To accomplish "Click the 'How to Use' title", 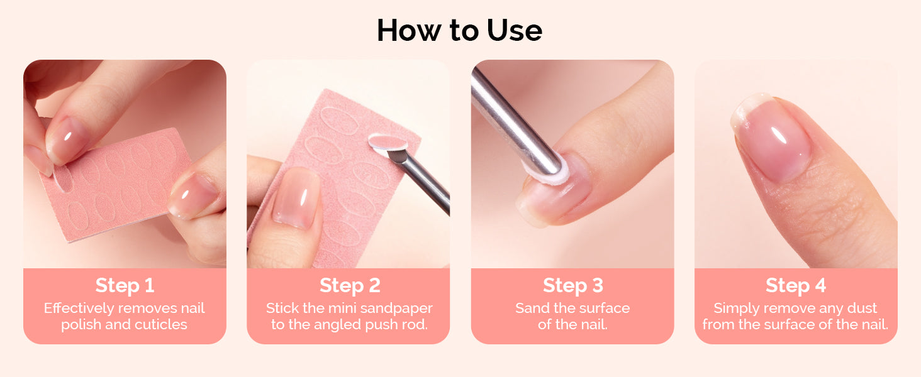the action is [460, 30].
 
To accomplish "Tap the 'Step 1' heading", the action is [125, 285].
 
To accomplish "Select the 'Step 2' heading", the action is [350, 285].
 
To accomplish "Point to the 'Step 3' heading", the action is [572, 285].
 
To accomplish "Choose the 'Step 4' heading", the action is [796, 285].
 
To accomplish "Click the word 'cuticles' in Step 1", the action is [161, 324].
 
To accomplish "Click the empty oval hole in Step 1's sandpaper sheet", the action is [63, 178].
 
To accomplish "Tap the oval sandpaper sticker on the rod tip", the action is [388, 142].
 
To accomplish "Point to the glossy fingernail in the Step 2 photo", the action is [296, 197].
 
